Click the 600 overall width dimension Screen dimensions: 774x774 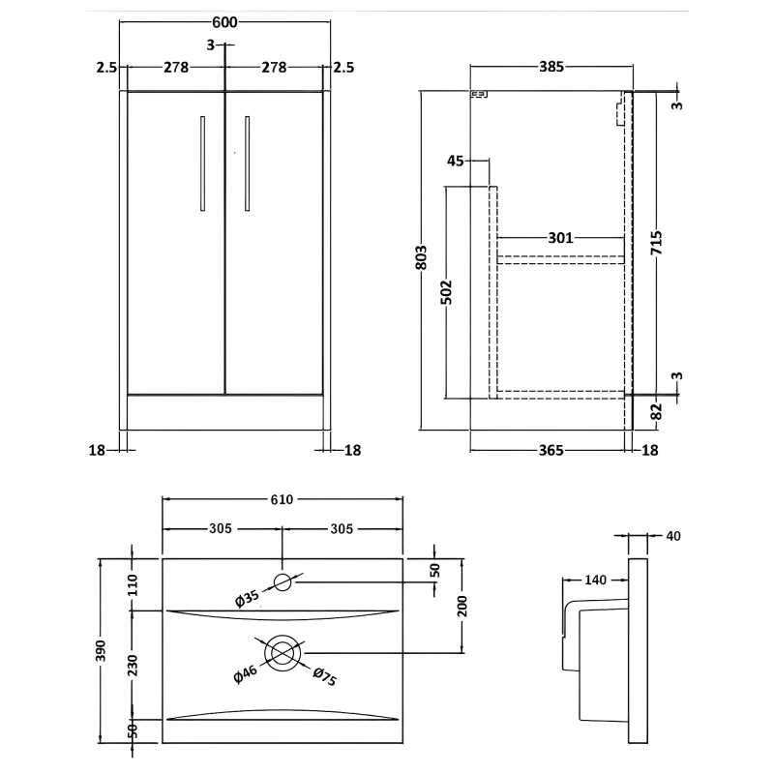[x=223, y=23]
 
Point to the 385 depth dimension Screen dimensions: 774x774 [x=551, y=67]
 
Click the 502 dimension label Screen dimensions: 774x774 [x=447, y=292]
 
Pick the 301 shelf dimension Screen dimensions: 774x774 [x=561, y=237]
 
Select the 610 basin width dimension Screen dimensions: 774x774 [x=281, y=499]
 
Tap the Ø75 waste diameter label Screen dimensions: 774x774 [x=325, y=680]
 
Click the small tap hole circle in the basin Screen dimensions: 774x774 [x=283, y=581]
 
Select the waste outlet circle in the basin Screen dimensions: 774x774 [x=283, y=653]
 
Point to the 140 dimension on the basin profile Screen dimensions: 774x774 [x=596, y=580]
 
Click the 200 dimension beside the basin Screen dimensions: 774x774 [x=462, y=606]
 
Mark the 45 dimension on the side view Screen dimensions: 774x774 [x=456, y=161]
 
